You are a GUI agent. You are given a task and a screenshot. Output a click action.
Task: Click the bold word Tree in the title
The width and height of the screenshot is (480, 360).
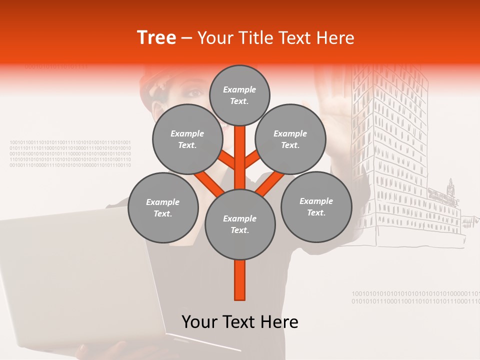[156, 38]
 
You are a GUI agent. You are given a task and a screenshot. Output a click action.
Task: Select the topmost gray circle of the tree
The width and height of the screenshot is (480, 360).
[239, 95]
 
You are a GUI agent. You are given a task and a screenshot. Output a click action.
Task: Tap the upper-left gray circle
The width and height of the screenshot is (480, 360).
[187, 139]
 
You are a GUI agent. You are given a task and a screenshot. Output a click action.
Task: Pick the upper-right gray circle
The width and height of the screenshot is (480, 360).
[290, 139]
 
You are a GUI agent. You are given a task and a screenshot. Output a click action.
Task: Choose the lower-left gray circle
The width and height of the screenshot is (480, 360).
[163, 207]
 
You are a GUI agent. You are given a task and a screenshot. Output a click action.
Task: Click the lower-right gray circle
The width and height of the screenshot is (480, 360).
[316, 206]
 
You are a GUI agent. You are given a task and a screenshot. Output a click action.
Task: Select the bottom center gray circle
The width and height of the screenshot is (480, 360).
[240, 224]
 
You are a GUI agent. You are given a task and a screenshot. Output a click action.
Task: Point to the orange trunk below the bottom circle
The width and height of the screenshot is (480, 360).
[240, 280]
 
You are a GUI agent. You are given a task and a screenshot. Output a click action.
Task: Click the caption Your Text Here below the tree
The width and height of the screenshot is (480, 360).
[240, 322]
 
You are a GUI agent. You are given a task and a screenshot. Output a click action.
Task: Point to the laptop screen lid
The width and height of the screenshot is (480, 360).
[75, 275]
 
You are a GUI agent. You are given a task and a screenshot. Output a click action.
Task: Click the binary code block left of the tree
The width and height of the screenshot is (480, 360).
[70, 153]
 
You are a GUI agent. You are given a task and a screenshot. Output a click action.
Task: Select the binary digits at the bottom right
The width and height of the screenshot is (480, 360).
[415, 297]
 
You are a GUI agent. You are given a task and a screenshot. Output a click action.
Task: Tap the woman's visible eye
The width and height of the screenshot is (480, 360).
[196, 93]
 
